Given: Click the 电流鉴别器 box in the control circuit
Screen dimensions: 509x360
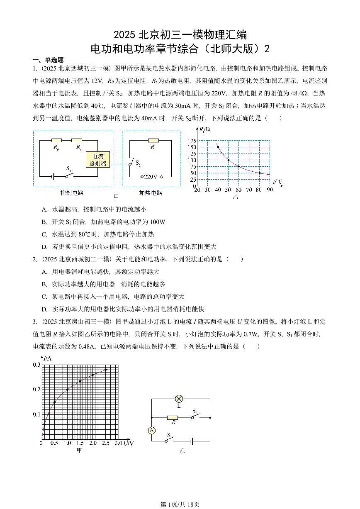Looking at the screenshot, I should [98, 160].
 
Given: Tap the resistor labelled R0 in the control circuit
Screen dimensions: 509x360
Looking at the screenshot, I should [56, 141].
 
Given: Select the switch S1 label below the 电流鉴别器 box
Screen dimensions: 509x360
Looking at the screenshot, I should [69, 169].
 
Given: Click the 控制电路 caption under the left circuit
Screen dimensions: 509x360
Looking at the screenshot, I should [72, 193].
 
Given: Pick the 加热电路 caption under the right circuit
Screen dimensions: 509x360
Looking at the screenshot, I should [151, 193].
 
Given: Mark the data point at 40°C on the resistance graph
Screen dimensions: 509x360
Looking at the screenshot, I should [218, 147].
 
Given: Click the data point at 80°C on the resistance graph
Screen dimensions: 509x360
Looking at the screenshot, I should [260, 173].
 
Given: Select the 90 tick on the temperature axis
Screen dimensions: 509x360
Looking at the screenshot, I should [270, 190].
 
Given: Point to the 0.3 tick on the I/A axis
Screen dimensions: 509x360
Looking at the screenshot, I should [36, 365].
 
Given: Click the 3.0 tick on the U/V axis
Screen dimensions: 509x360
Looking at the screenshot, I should [118, 443].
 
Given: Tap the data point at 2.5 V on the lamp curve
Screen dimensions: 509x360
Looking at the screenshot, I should [106, 370].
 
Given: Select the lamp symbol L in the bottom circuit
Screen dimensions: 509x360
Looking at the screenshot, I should [179, 399].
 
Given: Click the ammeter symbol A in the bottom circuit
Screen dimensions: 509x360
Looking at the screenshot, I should [152, 431].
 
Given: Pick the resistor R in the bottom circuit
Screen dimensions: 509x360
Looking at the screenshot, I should [173, 417].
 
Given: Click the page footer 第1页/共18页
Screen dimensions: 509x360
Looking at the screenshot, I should [180, 504].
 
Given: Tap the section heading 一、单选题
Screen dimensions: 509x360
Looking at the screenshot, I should [48, 60].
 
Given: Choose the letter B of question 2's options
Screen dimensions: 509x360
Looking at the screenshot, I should [44, 284].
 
